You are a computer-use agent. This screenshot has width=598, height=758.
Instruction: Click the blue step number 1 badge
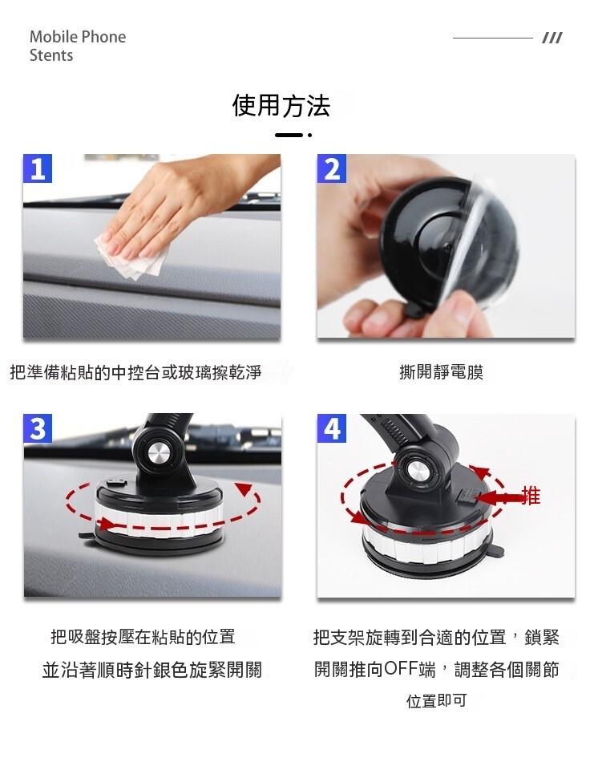pyautogui.click(x=38, y=168)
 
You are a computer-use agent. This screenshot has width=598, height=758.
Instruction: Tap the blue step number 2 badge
pyautogui.click(x=331, y=168)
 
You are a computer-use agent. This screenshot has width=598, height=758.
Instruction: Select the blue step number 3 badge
pyautogui.click(x=38, y=428)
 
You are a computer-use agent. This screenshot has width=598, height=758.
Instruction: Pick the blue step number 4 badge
pyautogui.click(x=331, y=428)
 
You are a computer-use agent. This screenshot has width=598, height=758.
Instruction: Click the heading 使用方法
pyautogui.click(x=281, y=106)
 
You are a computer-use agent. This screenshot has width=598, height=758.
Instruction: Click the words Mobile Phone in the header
pyautogui.click(x=78, y=37)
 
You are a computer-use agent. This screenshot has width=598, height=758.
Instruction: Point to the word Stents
pyautogui.click(x=51, y=55)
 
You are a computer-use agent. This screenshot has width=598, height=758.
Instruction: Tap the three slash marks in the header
pyautogui.click(x=552, y=38)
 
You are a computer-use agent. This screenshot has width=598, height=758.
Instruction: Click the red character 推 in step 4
pyautogui.click(x=531, y=496)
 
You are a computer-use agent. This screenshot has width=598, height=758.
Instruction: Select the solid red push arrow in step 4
pyautogui.click(x=499, y=497)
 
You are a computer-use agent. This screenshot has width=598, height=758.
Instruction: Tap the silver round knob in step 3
pyautogui.click(x=157, y=455)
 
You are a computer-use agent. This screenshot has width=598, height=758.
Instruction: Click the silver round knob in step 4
pyautogui.click(x=415, y=470)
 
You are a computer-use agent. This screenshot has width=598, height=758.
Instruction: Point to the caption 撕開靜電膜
pyautogui.click(x=442, y=372)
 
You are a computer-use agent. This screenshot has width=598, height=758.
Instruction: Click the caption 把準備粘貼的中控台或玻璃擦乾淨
pyautogui.click(x=135, y=372)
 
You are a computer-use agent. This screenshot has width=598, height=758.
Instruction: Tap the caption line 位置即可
pyautogui.click(x=437, y=700)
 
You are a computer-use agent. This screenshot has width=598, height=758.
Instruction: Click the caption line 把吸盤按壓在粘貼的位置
pyautogui.click(x=143, y=637)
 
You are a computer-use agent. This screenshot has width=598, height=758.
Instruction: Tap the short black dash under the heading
pyautogui.click(x=289, y=135)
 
